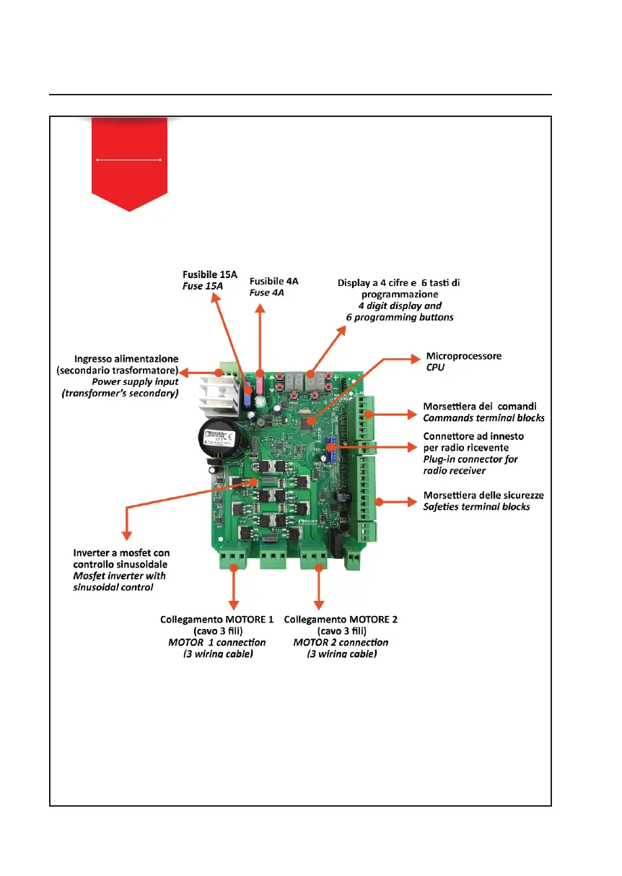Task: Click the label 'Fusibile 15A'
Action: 208,274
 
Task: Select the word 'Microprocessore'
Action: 464,356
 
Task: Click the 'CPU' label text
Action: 436,368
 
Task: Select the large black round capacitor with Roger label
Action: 225,440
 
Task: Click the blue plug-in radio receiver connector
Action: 331,449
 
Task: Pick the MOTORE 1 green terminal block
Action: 234,555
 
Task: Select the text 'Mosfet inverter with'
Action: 120,576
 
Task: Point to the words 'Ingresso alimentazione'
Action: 126,359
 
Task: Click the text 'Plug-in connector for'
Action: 470,459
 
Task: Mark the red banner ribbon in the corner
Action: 129,162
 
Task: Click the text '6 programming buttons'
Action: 399,317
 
